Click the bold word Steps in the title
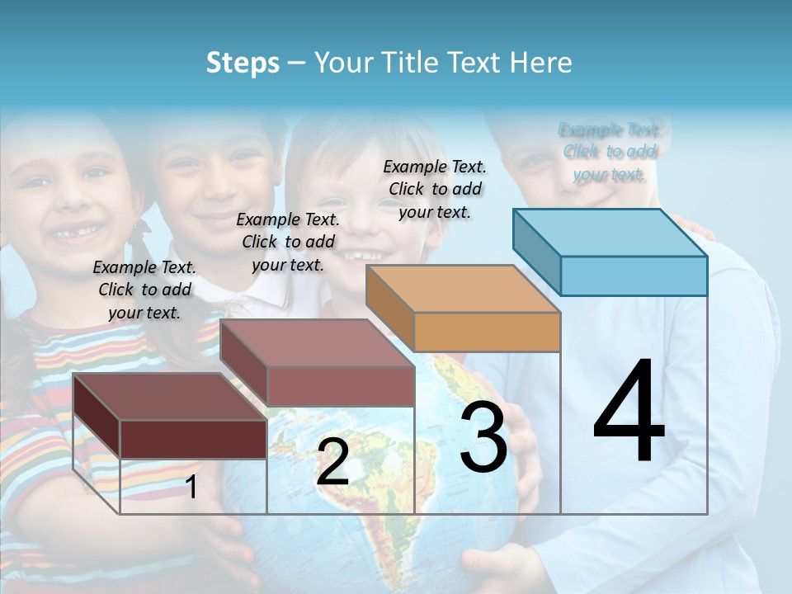pyautogui.click(x=243, y=64)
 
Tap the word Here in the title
pyautogui.click(x=542, y=64)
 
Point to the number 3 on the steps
pyautogui.click(x=483, y=437)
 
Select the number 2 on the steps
pyautogui.click(x=332, y=462)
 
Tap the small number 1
pyautogui.click(x=191, y=488)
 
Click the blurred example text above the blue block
pyautogui.click(x=609, y=152)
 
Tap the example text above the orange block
pyautogui.click(x=435, y=189)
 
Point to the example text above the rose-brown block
pyautogui.click(x=288, y=242)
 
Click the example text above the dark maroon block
pyautogui.click(x=144, y=290)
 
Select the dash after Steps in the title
pyautogui.click(x=297, y=64)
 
